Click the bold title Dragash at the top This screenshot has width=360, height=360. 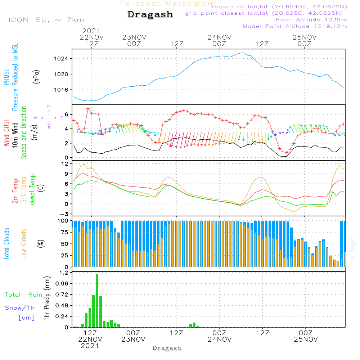point(150,15)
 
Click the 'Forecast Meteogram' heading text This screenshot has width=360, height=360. point(168,4)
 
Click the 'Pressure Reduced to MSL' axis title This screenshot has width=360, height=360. point(15,77)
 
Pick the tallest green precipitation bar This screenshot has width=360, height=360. point(97,301)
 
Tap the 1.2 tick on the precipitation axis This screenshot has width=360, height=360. point(64,273)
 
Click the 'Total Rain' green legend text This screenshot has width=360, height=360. point(24,295)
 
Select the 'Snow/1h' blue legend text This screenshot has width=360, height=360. point(20,308)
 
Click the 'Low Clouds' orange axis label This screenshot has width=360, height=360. point(24,243)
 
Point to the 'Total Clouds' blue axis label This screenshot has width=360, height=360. point(6,243)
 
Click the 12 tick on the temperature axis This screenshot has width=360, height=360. point(65,164)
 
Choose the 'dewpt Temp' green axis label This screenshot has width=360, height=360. point(32,190)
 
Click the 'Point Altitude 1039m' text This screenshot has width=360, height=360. point(311,19)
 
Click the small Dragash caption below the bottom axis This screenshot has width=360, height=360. point(167,348)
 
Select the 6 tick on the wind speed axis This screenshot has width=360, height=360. point(67,114)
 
